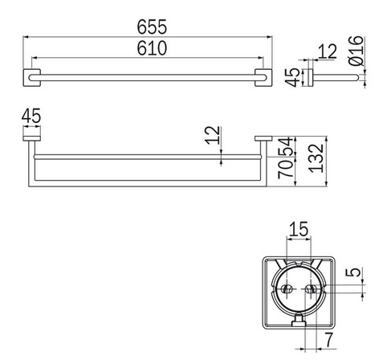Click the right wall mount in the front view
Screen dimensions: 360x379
click(x=263, y=141)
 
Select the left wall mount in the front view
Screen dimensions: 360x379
click(x=30, y=141)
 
